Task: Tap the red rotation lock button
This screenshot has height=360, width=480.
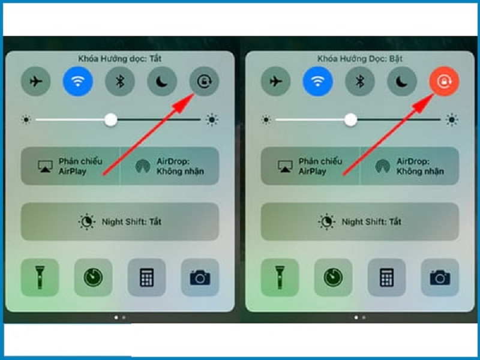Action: pos(443,82)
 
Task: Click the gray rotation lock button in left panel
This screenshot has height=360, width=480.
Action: pos(203,82)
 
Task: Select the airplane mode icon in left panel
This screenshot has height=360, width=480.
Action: pos(35,82)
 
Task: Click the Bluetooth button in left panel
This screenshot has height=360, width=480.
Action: pos(120,82)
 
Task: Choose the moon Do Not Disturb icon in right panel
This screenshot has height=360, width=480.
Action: pos(402,82)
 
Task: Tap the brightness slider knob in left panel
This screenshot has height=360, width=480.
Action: pos(111,120)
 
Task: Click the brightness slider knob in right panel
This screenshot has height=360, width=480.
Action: pos(351,120)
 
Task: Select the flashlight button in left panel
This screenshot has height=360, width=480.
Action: pos(40,277)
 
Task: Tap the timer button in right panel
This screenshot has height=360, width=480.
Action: pos(333,277)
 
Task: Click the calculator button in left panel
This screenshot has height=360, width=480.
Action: pos(146,277)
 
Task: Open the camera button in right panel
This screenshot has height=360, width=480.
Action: pos(440,277)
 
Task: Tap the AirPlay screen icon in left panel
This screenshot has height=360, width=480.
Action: pos(44,166)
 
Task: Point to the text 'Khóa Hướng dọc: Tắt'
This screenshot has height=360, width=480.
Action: pos(120,59)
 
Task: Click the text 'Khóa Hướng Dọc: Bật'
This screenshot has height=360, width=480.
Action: pos(360,59)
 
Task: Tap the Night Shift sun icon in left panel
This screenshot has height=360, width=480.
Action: pos(87,222)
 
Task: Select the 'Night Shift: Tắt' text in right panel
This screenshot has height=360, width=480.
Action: pos(371,222)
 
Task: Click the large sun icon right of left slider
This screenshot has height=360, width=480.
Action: pos(212,120)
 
